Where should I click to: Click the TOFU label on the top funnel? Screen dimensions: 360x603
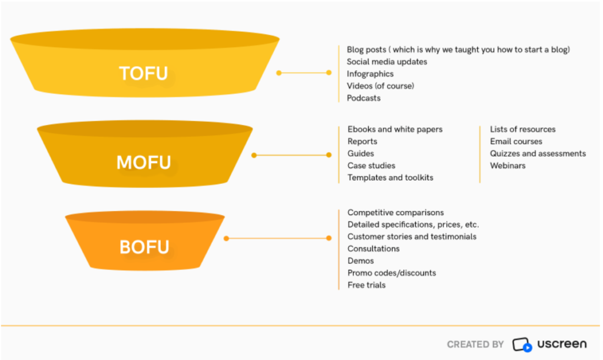pos(143,74)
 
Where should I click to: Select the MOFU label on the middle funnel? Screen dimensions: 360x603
pos(144,162)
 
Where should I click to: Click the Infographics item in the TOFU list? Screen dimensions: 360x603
pos(370,74)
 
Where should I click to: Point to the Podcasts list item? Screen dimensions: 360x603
pos(363,98)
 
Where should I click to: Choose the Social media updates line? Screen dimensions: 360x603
pos(387,61)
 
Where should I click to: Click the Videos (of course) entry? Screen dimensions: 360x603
pos(380,86)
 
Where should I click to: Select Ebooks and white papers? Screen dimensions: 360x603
pos(395,129)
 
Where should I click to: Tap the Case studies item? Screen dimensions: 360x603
pos(371,166)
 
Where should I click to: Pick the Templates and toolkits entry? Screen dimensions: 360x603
pos(390,177)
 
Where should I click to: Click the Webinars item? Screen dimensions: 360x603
pos(508,166)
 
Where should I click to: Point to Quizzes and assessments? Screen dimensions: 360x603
pos(538,153)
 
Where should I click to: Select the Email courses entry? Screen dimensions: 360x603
pos(516,141)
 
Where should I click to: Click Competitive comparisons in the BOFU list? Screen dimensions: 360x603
pos(395,212)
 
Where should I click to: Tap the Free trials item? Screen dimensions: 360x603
pos(366,285)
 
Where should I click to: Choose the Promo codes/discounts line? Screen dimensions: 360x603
pos(392,273)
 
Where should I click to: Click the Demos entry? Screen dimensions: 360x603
pos(360,260)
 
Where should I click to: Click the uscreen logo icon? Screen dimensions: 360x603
pos(522,344)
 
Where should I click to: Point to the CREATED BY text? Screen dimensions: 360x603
pos(475,344)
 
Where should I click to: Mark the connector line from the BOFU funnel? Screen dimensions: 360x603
pos(277,239)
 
